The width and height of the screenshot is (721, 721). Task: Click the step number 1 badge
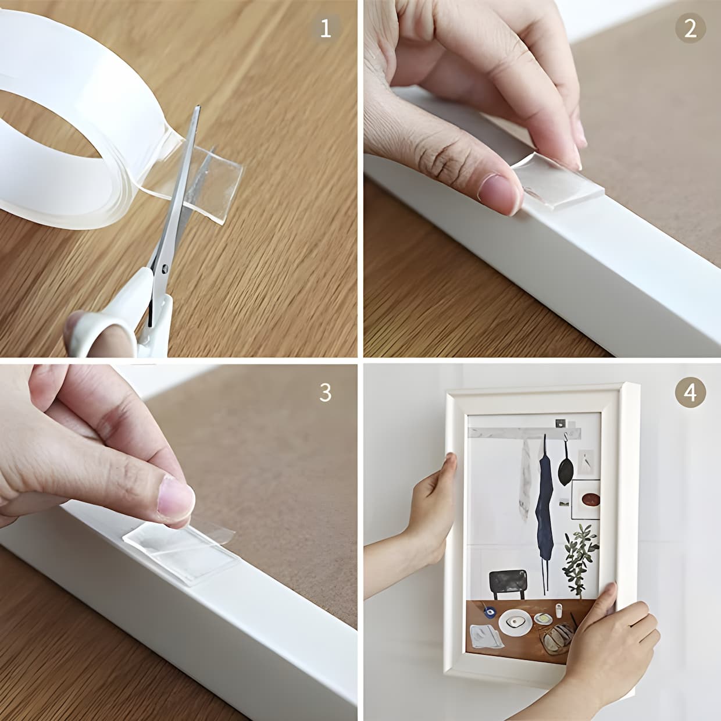pos(326,28)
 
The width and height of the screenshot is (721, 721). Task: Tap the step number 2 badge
pos(690,28)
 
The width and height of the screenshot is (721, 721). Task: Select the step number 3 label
pos(326,392)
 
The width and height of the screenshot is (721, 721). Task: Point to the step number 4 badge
pos(690,392)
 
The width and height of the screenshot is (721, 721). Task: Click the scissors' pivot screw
pos(165,269)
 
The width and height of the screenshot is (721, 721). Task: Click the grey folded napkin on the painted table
pos(486,636)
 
